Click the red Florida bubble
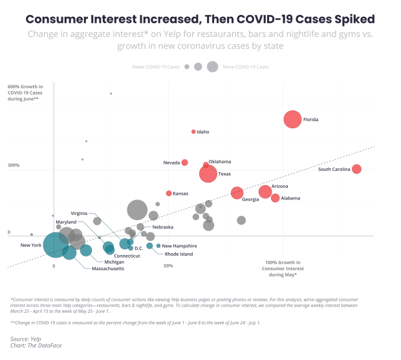coord(292,120)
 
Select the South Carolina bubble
coord(356,169)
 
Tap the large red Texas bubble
coord(208,174)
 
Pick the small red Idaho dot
coord(193,131)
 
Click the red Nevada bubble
coord(184,163)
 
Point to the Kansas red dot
coord(169,193)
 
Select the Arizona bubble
coord(265,192)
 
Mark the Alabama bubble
coord(276,198)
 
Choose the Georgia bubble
coord(237,192)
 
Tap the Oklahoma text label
coord(220,162)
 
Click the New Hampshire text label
coord(179,246)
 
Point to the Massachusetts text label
coord(108,268)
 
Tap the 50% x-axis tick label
coord(168,265)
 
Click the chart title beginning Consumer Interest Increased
coord(200,19)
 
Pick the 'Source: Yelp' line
coord(24,339)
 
